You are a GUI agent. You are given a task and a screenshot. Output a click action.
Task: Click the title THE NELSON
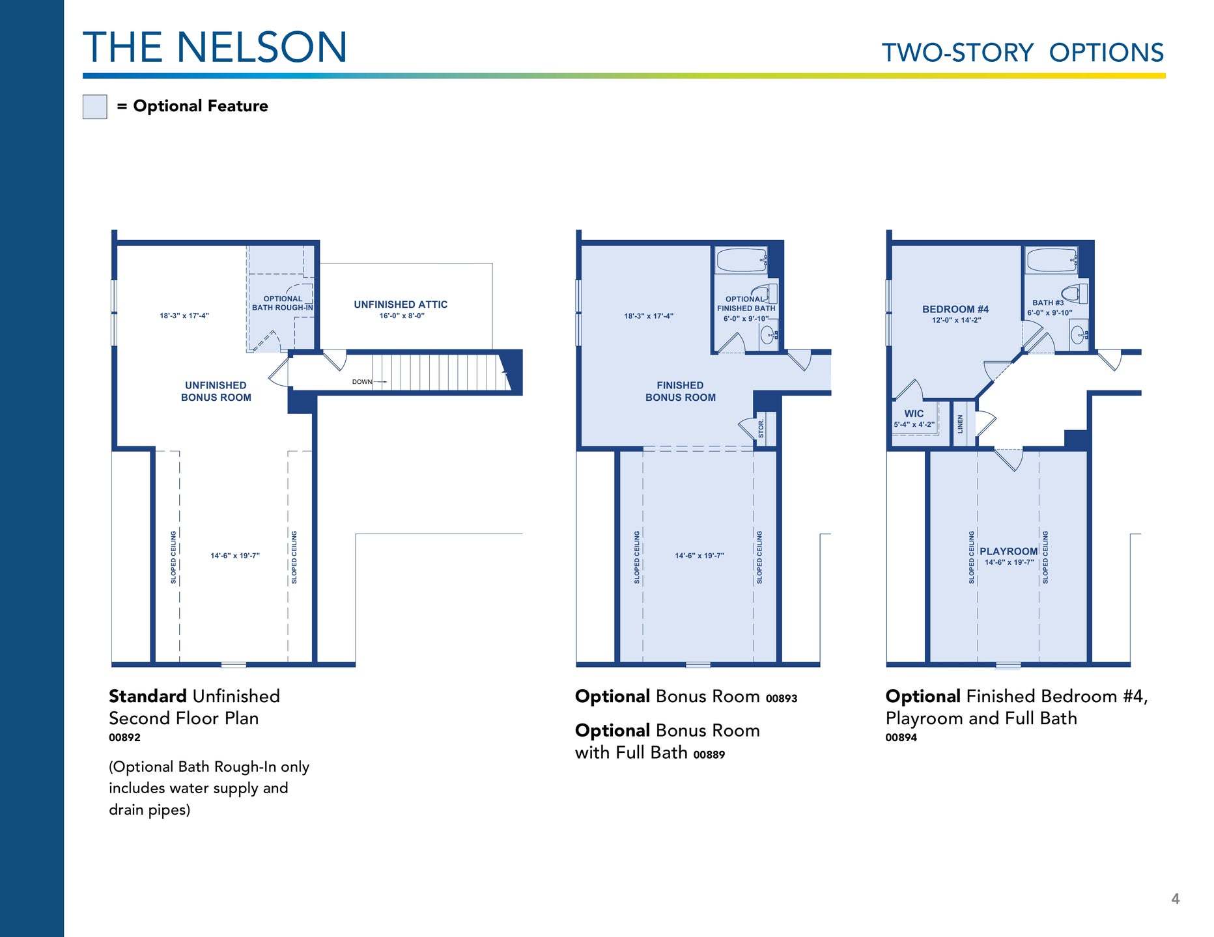(x=215, y=47)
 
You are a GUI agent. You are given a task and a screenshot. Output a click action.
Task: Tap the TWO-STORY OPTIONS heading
(x=1023, y=53)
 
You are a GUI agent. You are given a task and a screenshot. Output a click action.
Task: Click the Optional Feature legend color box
(x=94, y=107)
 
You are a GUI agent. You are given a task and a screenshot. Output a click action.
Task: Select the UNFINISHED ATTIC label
(x=401, y=305)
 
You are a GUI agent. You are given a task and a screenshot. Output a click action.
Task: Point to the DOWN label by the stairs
(x=362, y=382)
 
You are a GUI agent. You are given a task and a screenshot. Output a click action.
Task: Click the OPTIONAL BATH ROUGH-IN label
(x=283, y=303)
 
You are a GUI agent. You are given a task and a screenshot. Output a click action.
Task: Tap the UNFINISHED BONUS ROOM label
(x=216, y=392)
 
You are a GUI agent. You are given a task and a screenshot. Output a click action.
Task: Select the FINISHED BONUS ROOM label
(x=681, y=392)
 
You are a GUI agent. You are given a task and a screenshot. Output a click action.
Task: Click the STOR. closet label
(x=761, y=428)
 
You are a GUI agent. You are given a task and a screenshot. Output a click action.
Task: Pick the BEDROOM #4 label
(x=955, y=310)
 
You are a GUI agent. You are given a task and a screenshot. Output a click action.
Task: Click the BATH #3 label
(x=1048, y=303)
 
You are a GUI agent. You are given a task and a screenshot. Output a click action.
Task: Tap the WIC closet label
(x=914, y=414)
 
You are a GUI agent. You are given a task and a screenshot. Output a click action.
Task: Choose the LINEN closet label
(x=960, y=424)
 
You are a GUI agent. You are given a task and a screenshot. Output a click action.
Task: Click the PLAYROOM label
(x=1009, y=551)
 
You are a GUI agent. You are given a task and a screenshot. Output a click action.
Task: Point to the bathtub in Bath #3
(x=1052, y=260)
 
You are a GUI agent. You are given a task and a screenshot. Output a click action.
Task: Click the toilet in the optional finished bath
(x=767, y=294)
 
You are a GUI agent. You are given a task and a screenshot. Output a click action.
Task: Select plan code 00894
(x=901, y=738)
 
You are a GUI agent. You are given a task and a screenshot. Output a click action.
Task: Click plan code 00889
(x=709, y=755)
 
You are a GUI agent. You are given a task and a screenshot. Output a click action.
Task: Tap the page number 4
(x=1176, y=899)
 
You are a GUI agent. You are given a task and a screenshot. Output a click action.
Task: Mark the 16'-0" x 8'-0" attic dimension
(x=402, y=316)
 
